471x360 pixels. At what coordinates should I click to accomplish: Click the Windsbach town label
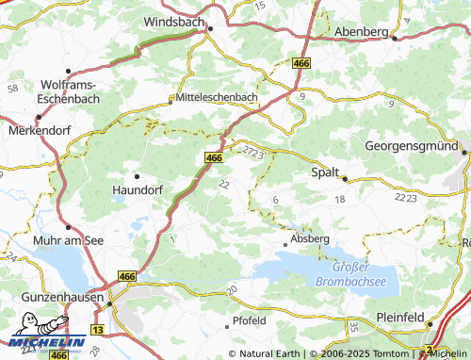point(177,20)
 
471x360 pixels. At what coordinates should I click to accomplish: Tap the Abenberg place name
point(362,31)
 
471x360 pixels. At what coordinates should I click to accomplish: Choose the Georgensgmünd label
point(412,147)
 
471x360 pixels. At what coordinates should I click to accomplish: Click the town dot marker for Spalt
point(345,178)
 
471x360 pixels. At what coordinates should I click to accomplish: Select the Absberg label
point(312,239)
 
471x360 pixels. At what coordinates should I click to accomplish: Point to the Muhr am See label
point(69,240)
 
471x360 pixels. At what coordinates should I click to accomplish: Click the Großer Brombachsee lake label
point(362,274)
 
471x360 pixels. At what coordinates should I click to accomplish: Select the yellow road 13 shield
point(97,328)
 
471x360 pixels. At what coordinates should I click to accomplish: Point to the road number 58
point(12,88)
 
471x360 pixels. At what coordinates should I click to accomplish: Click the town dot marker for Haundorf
point(138,175)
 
